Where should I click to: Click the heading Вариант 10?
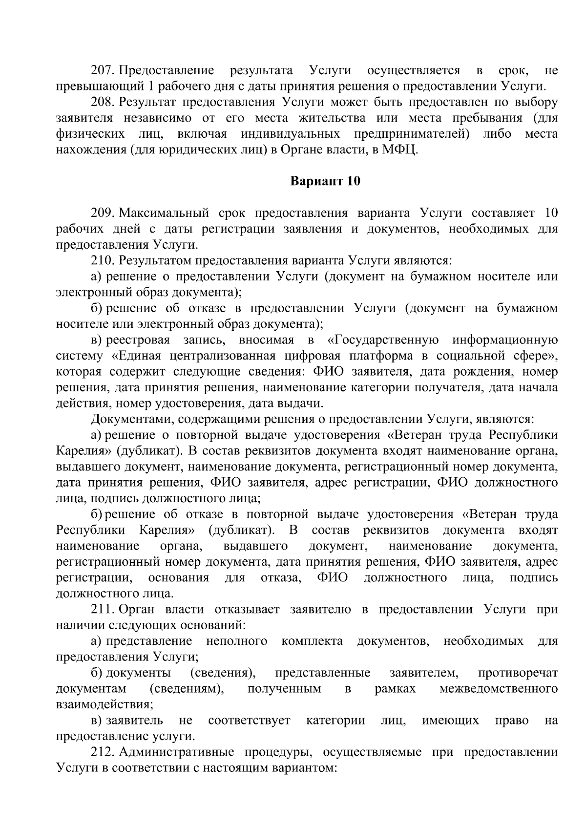(325, 181)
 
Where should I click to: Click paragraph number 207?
(103, 70)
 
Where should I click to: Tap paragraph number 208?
(103, 102)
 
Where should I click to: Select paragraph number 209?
(103, 213)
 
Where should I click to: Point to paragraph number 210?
(103, 260)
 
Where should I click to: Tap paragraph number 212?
(103, 752)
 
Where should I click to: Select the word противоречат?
(518, 673)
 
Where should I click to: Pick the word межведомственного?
(499, 689)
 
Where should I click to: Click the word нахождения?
(91, 150)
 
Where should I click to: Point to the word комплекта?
(312, 641)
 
